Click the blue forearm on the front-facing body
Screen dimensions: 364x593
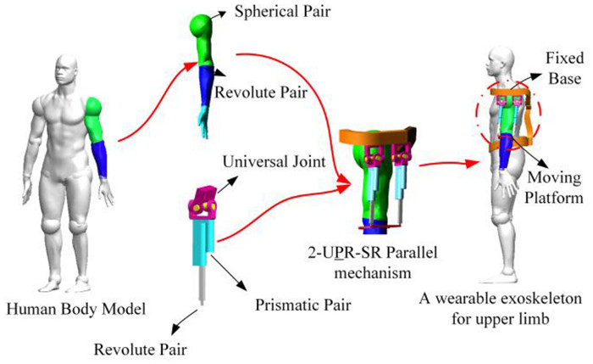(x=103, y=160)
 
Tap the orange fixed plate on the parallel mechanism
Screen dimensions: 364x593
(x=378, y=135)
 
